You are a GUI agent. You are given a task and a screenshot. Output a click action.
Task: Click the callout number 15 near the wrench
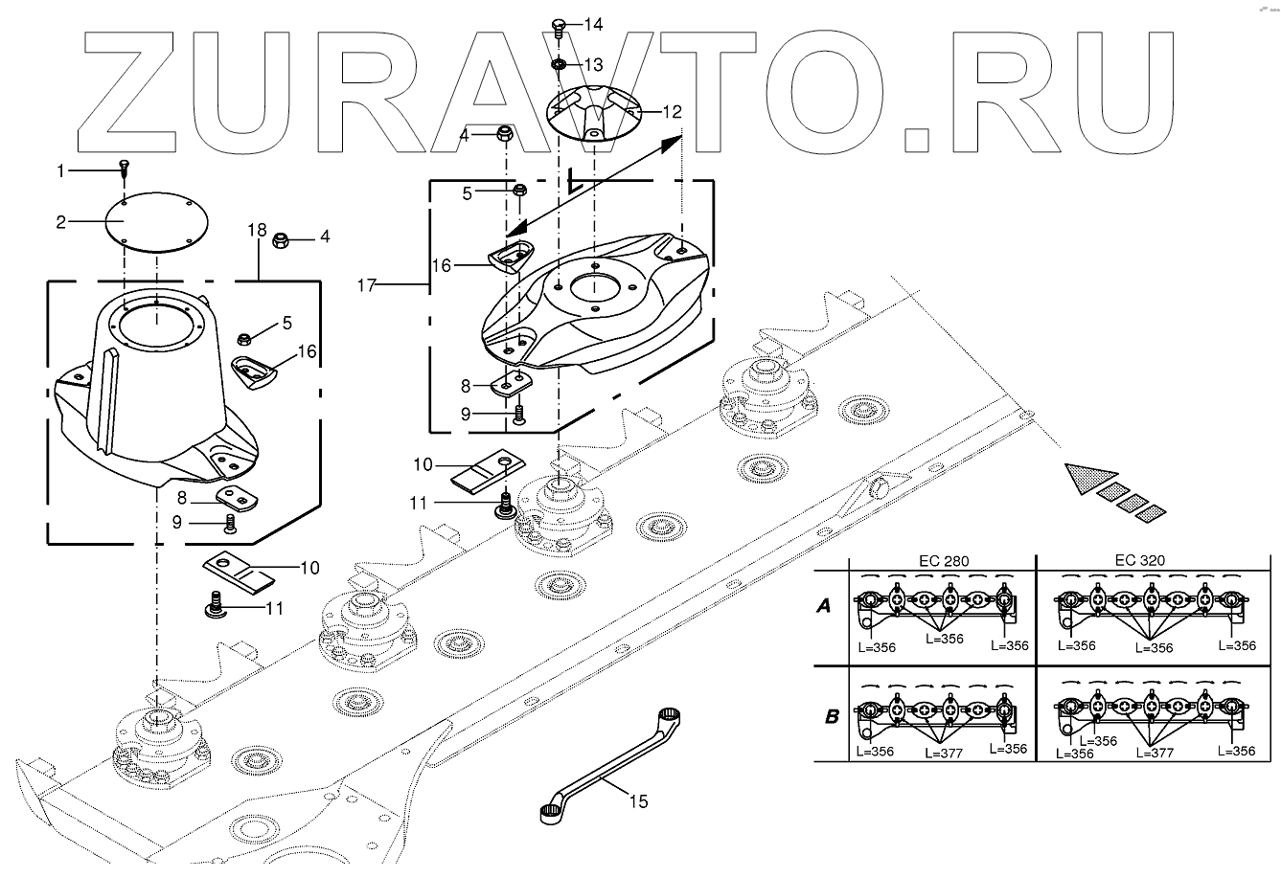pos(637,800)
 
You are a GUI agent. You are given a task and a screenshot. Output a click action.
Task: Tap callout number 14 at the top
pos(594,23)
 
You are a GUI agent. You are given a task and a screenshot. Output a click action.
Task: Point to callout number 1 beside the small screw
pos(61,170)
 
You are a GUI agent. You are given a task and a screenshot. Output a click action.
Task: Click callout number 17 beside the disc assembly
pos(368,284)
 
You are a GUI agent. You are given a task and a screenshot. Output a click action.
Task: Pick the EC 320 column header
pos(1140,562)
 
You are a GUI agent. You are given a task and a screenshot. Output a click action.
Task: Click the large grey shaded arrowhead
pos(1088,476)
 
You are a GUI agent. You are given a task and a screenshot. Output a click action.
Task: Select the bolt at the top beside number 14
pos(560,25)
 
